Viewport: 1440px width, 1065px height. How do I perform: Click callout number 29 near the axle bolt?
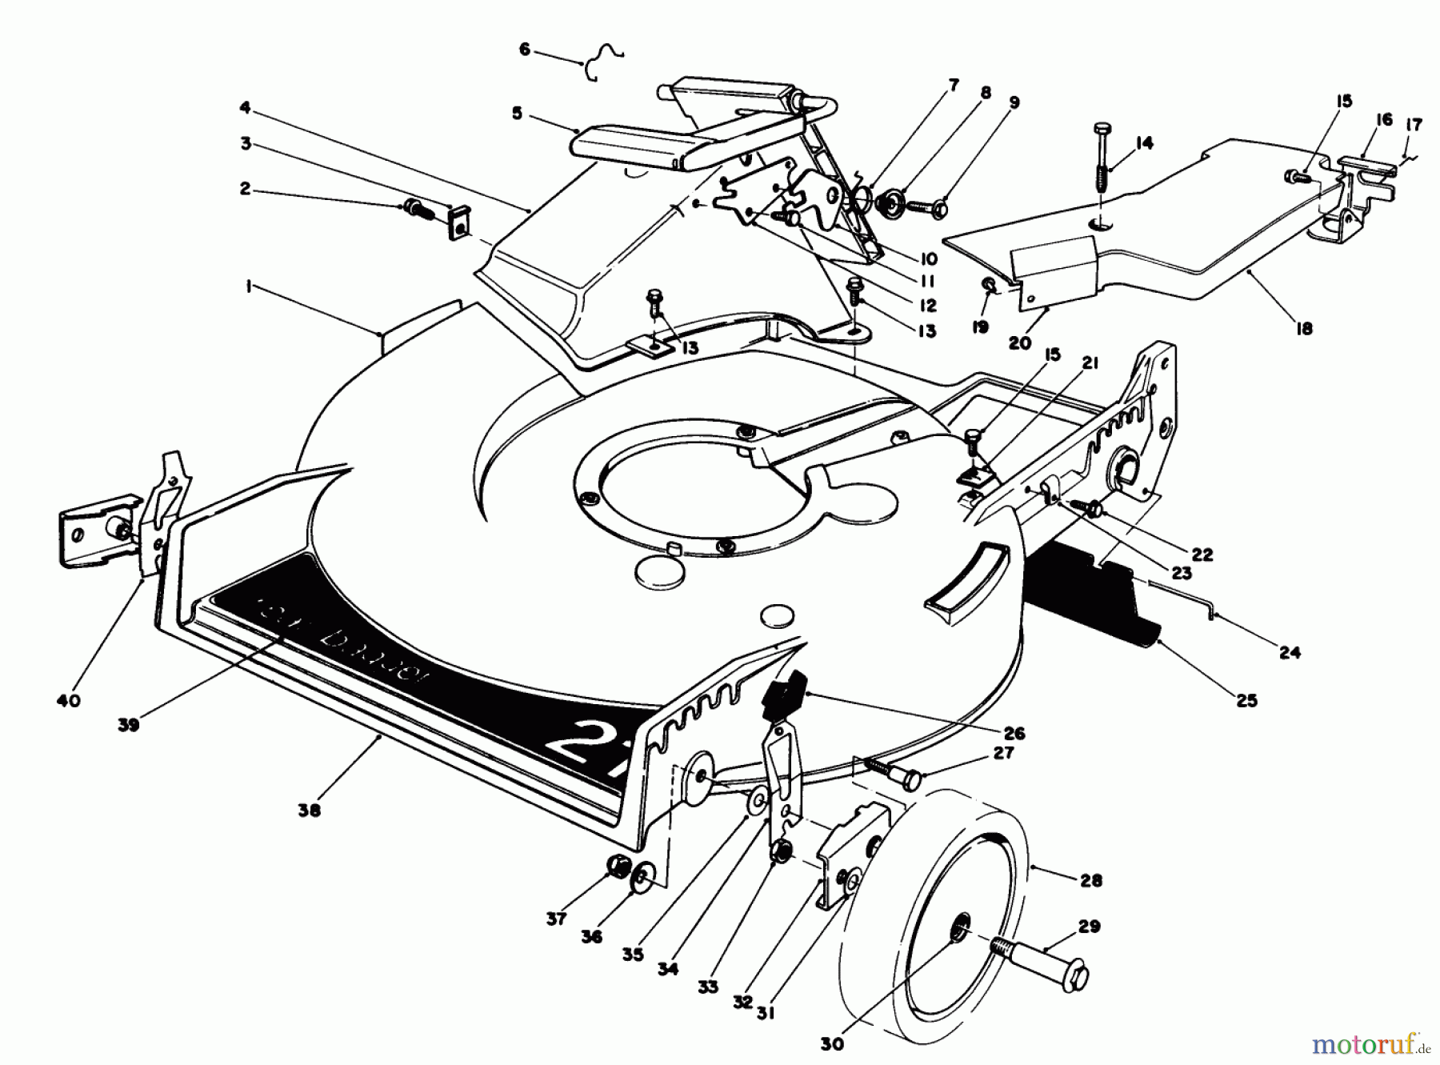(x=1089, y=927)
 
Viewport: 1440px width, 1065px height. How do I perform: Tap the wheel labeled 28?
(x=920, y=920)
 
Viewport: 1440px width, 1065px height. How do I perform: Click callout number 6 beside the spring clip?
(x=525, y=50)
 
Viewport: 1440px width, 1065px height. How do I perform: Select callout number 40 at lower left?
(x=69, y=701)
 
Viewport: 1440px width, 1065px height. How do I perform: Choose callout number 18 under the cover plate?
(x=1304, y=328)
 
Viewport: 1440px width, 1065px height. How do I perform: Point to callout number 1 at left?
(x=249, y=286)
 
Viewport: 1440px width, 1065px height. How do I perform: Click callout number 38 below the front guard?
(x=309, y=810)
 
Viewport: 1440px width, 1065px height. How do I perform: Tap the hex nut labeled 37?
(x=618, y=867)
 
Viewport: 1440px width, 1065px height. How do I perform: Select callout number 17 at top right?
(x=1414, y=125)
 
